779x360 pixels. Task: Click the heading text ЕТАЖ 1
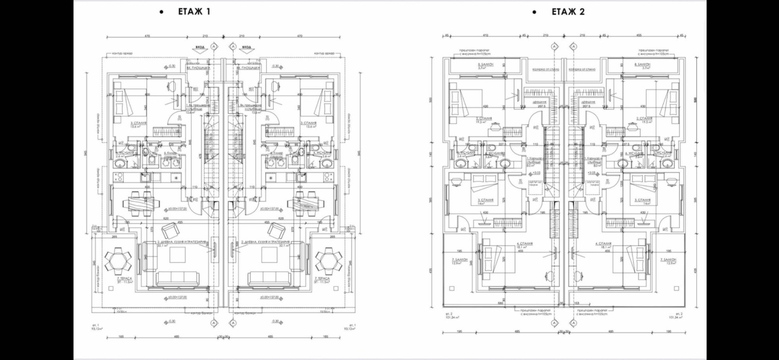(x=194, y=12)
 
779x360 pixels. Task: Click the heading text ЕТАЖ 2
(x=568, y=12)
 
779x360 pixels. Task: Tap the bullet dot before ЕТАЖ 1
(x=162, y=12)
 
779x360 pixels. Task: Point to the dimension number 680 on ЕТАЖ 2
(x=500, y=303)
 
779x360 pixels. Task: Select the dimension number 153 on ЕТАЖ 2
(x=577, y=303)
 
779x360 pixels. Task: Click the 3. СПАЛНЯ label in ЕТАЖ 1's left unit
(x=139, y=124)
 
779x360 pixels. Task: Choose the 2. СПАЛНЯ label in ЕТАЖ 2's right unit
(x=644, y=118)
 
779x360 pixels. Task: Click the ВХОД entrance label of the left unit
(x=200, y=47)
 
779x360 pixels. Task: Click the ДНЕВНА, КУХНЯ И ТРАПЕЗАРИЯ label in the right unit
(x=265, y=242)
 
